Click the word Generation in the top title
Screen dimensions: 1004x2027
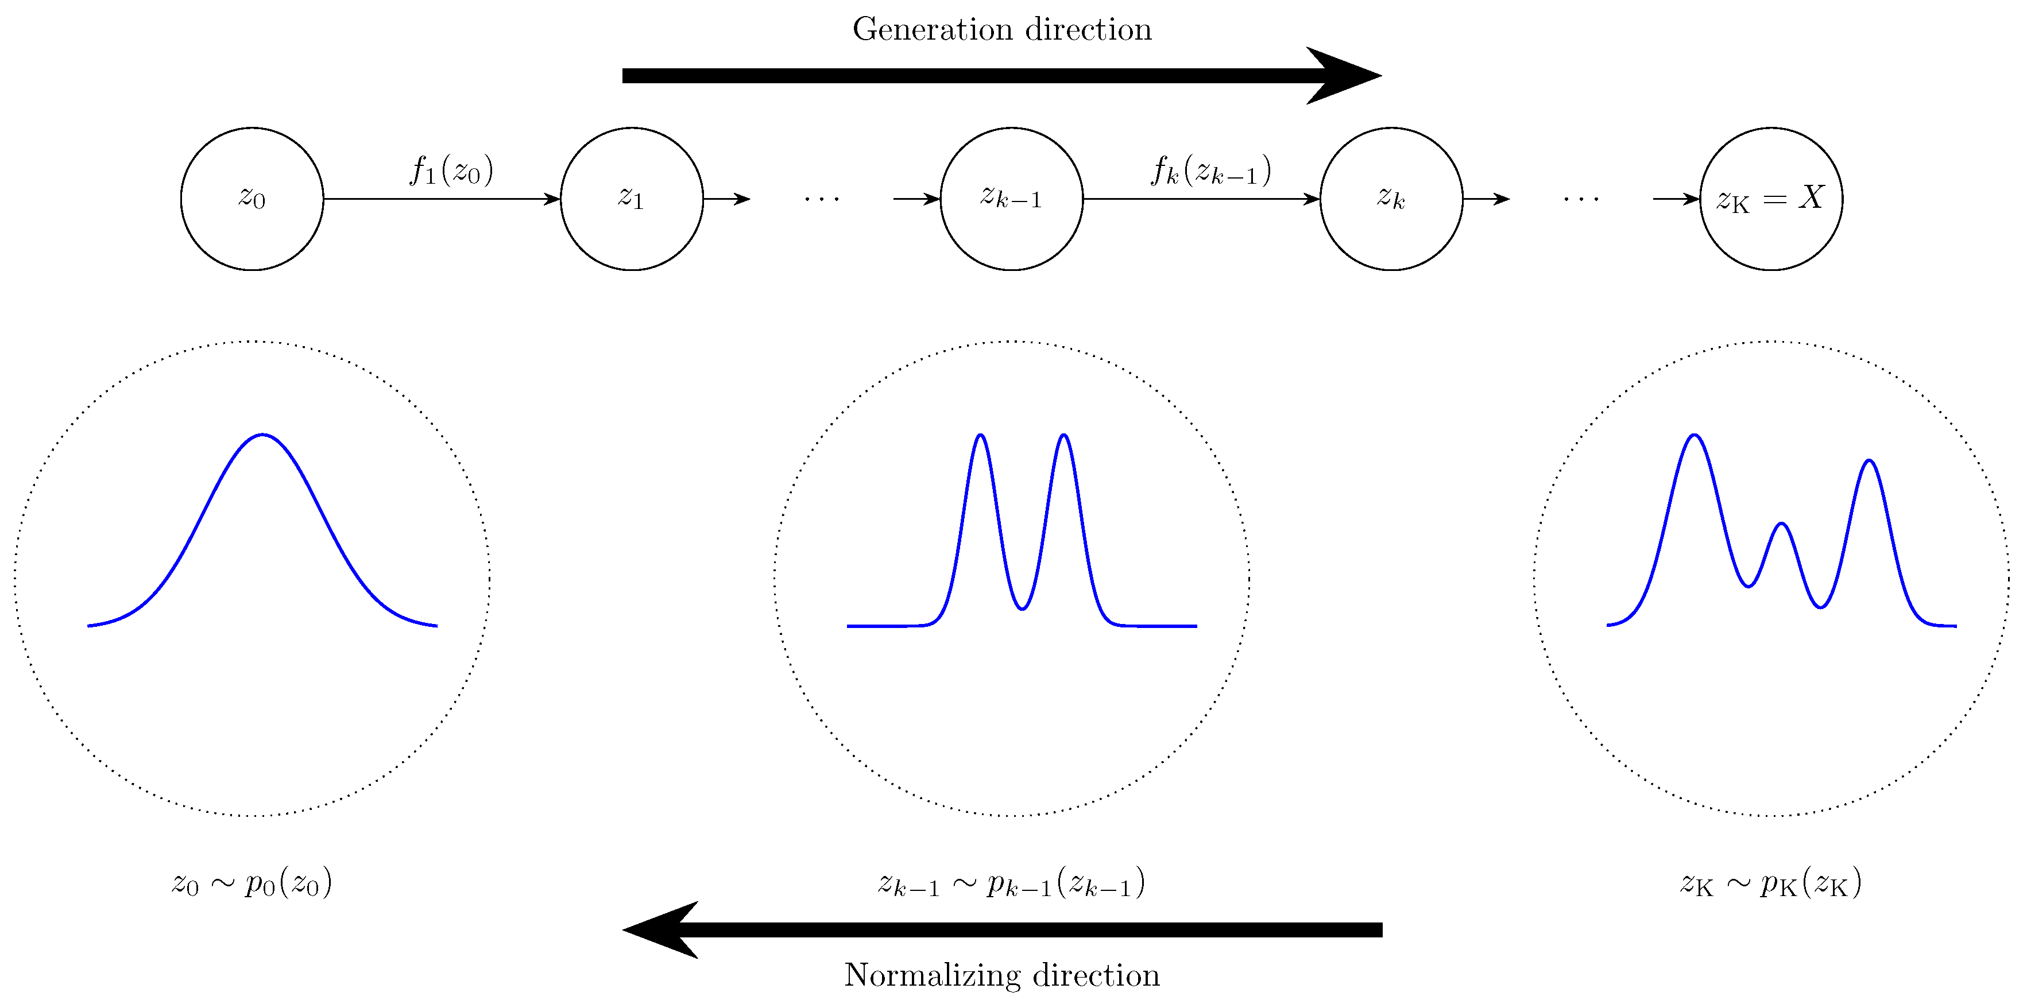click(933, 30)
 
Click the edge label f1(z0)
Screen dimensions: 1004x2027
click(452, 170)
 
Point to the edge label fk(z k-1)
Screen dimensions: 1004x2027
click(1211, 170)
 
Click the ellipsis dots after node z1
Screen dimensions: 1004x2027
click(822, 199)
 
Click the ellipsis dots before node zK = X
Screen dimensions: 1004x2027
click(1581, 199)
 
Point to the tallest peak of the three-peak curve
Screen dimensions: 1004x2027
click(1694, 435)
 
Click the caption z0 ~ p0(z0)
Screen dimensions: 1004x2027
click(252, 883)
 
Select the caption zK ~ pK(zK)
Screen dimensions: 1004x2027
click(1770, 883)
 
